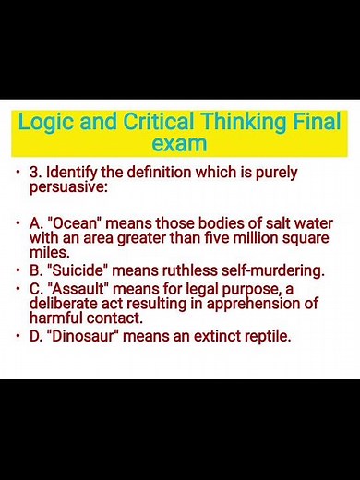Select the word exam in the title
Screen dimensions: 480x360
(178, 144)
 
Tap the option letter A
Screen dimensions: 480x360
(35, 224)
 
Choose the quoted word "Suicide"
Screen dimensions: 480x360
(74, 271)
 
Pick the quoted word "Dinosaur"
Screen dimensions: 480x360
(80, 337)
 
